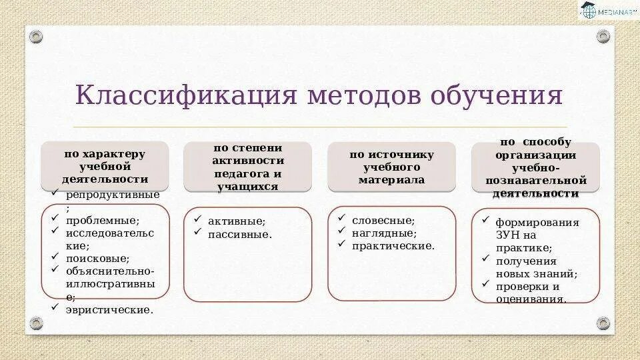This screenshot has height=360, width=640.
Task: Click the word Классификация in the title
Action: tap(185, 95)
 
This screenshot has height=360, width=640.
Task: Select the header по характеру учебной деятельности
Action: tap(105, 167)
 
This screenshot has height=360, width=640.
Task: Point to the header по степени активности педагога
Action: tap(247, 167)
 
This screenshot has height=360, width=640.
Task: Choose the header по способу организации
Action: tap(535, 169)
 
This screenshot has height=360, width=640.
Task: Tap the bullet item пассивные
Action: tap(239, 234)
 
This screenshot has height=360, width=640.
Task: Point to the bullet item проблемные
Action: tap(102, 220)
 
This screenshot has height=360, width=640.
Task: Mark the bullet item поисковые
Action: tap(97, 258)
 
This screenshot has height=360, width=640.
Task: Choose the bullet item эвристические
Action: tap(109, 309)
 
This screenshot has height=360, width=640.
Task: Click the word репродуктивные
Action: tap(112, 195)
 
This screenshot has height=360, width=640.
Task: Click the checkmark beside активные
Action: tap(197, 219)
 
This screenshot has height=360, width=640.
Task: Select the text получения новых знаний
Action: tap(536, 267)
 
